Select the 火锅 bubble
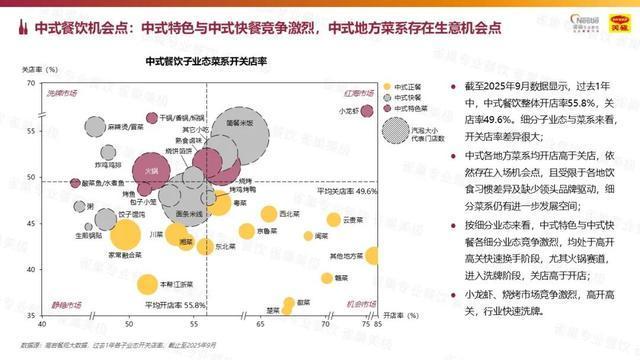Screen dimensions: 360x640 coord(152,172)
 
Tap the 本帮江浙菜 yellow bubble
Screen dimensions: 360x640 coord(147,283)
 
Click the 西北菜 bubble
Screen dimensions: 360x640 coord(268,214)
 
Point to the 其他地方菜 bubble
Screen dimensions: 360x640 coord(372,256)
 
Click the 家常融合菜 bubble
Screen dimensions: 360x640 coord(125,234)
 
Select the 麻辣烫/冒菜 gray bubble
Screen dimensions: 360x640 coord(96,128)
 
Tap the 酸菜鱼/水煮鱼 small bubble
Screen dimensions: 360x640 coord(75,184)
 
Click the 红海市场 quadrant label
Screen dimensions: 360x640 coord(359,93)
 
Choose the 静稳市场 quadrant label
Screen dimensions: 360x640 coord(64,303)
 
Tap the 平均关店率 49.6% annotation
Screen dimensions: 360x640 coord(346,190)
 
